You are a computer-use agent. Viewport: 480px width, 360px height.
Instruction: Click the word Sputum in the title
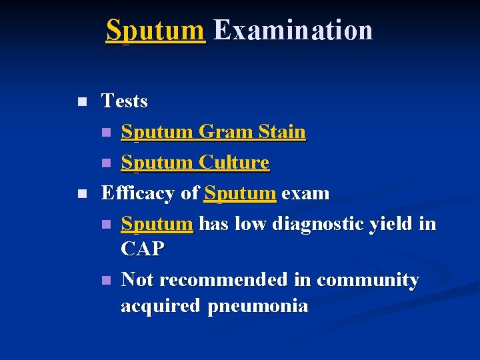tap(155, 31)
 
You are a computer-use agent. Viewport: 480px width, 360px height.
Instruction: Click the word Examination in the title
tap(293, 31)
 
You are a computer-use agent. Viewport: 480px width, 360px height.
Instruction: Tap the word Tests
tap(124, 101)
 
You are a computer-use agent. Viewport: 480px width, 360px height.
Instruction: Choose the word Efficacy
tap(139, 193)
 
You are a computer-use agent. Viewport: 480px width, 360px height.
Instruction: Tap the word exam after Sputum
tap(305, 193)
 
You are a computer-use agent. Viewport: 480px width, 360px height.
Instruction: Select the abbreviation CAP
tap(142, 249)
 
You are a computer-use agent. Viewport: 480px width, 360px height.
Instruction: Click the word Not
tap(137, 280)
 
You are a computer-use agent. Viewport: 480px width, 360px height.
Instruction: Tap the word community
tap(368, 281)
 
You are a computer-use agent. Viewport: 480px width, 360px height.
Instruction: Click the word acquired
tap(161, 307)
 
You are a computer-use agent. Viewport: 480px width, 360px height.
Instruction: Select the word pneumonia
tap(258, 307)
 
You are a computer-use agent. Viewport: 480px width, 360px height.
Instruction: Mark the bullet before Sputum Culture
tap(105, 163)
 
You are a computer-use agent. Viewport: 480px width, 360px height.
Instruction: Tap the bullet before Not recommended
tap(105, 281)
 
